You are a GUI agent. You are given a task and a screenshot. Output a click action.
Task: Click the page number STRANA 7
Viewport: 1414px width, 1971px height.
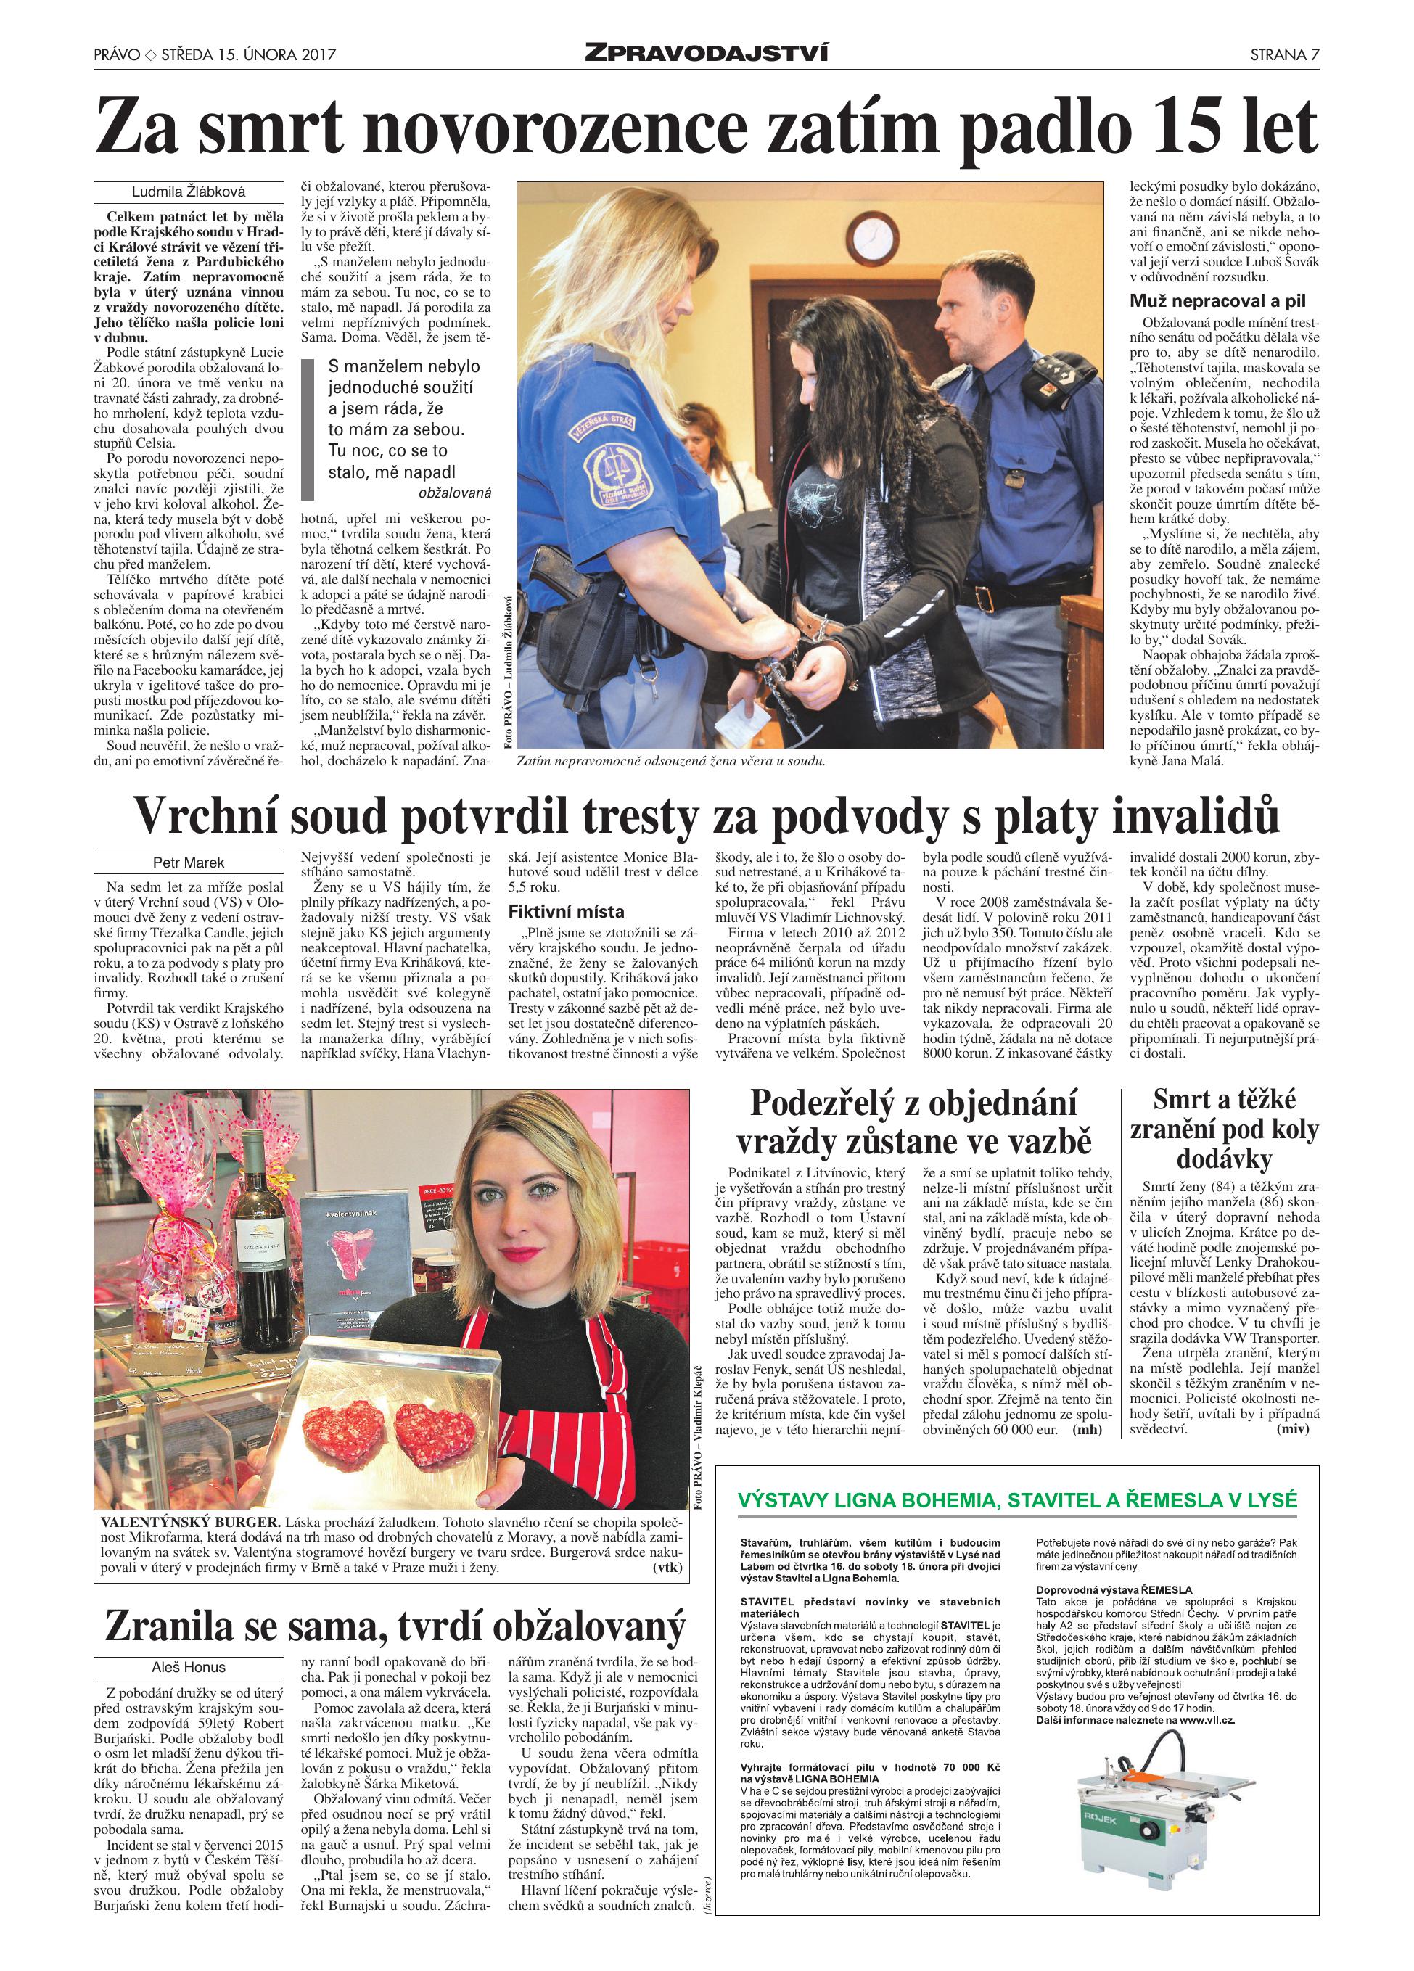[x=1283, y=54]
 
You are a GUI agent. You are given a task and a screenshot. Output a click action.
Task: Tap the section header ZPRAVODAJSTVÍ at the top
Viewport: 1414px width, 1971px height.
[x=706, y=54]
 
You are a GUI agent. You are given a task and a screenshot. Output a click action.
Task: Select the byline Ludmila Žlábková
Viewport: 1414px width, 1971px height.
[x=189, y=192]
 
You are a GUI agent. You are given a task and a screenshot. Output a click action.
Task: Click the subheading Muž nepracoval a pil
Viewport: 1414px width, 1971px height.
[x=1217, y=300]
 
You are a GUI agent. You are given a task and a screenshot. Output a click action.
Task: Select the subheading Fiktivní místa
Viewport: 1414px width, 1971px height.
[x=566, y=912]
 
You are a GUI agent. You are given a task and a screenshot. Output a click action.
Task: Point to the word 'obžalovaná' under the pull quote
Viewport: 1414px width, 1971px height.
[x=455, y=492]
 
